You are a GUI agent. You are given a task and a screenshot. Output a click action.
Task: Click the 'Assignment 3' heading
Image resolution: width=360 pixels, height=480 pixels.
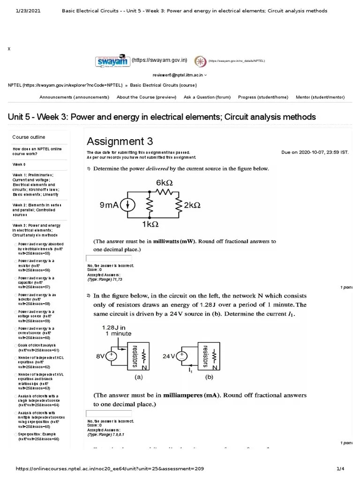click(x=120, y=141)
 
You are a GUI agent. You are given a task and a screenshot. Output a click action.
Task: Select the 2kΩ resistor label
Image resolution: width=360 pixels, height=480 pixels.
click(x=192, y=205)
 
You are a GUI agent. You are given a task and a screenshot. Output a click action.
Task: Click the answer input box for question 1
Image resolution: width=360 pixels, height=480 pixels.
click(x=109, y=258)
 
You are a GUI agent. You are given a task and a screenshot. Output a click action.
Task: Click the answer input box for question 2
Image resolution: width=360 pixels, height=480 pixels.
click(x=109, y=413)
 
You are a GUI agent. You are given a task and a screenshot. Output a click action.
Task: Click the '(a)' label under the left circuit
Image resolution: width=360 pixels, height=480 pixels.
click(x=139, y=376)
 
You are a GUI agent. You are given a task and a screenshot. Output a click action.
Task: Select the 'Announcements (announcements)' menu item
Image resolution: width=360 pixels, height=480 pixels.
click(x=74, y=97)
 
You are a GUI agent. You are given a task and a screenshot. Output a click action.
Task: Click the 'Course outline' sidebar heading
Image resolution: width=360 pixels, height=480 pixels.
click(x=29, y=137)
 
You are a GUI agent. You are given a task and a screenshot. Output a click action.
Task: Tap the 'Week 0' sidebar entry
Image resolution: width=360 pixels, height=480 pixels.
click(x=19, y=165)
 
